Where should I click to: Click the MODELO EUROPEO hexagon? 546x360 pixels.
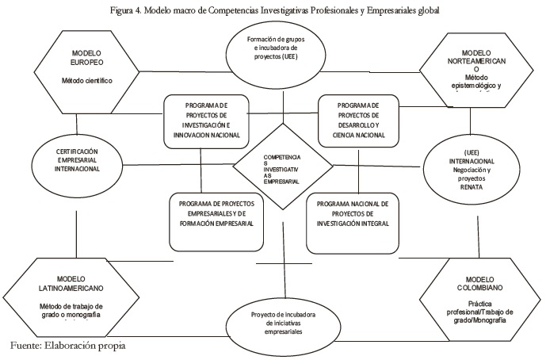click(78, 67)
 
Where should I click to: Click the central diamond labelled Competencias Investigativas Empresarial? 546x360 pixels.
click(283, 166)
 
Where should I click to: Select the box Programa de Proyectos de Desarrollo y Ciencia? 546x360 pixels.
click(357, 121)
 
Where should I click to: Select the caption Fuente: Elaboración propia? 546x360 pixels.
click(69, 346)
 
